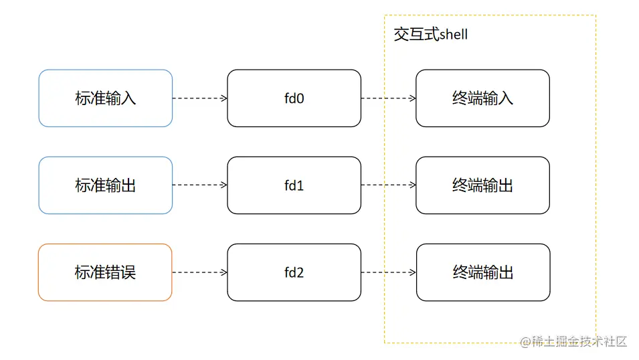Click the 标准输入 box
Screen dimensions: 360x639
click(x=106, y=98)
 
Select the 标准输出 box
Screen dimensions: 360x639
click(x=106, y=185)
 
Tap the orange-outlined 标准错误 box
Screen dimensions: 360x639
click(x=106, y=272)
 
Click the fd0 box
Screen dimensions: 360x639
click(x=294, y=98)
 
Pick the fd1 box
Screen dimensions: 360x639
click(x=294, y=185)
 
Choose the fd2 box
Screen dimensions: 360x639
click(x=294, y=272)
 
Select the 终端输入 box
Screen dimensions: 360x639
click(x=482, y=98)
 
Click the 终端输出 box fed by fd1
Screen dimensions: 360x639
click(x=482, y=185)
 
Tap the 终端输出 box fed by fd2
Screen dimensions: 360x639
click(x=482, y=272)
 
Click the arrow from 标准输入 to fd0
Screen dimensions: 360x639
click(x=199, y=98)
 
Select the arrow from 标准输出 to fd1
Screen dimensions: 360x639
click(x=199, y=185)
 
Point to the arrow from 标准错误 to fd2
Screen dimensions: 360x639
click(x=199, y=272)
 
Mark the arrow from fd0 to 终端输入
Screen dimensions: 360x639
click(x=388, y=98)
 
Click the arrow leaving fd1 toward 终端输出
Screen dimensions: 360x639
click(x=388, y=185)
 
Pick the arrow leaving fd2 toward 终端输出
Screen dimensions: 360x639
click(x=388, y=272)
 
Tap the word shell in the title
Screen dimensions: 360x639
click(x=454, y=35)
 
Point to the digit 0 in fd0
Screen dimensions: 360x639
click(x=300, y=99)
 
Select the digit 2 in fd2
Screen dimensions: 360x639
click(x=300, y=273)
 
